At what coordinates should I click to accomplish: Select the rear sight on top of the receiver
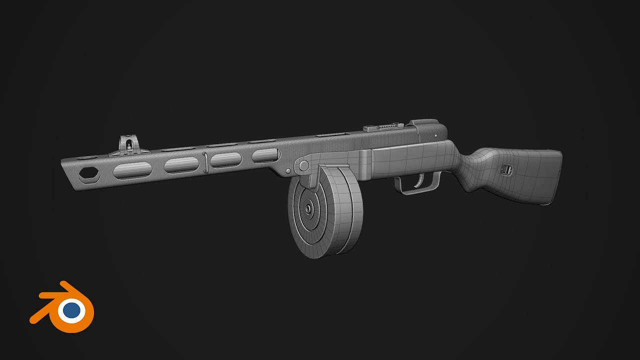tap(384, 126)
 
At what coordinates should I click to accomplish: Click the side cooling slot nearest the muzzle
tap(132, 170)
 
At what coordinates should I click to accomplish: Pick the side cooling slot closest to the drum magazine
tap(265, 155)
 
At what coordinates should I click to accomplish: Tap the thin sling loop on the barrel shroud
tap(205, 160)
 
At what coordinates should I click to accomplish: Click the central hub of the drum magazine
tap(308, 206)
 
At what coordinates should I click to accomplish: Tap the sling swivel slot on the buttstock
tap(506, 169)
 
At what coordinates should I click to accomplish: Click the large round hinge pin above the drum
tap(303, 165)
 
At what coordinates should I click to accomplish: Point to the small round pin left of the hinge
tap(288, 171)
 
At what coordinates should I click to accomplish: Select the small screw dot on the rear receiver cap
tap(436, 135)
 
